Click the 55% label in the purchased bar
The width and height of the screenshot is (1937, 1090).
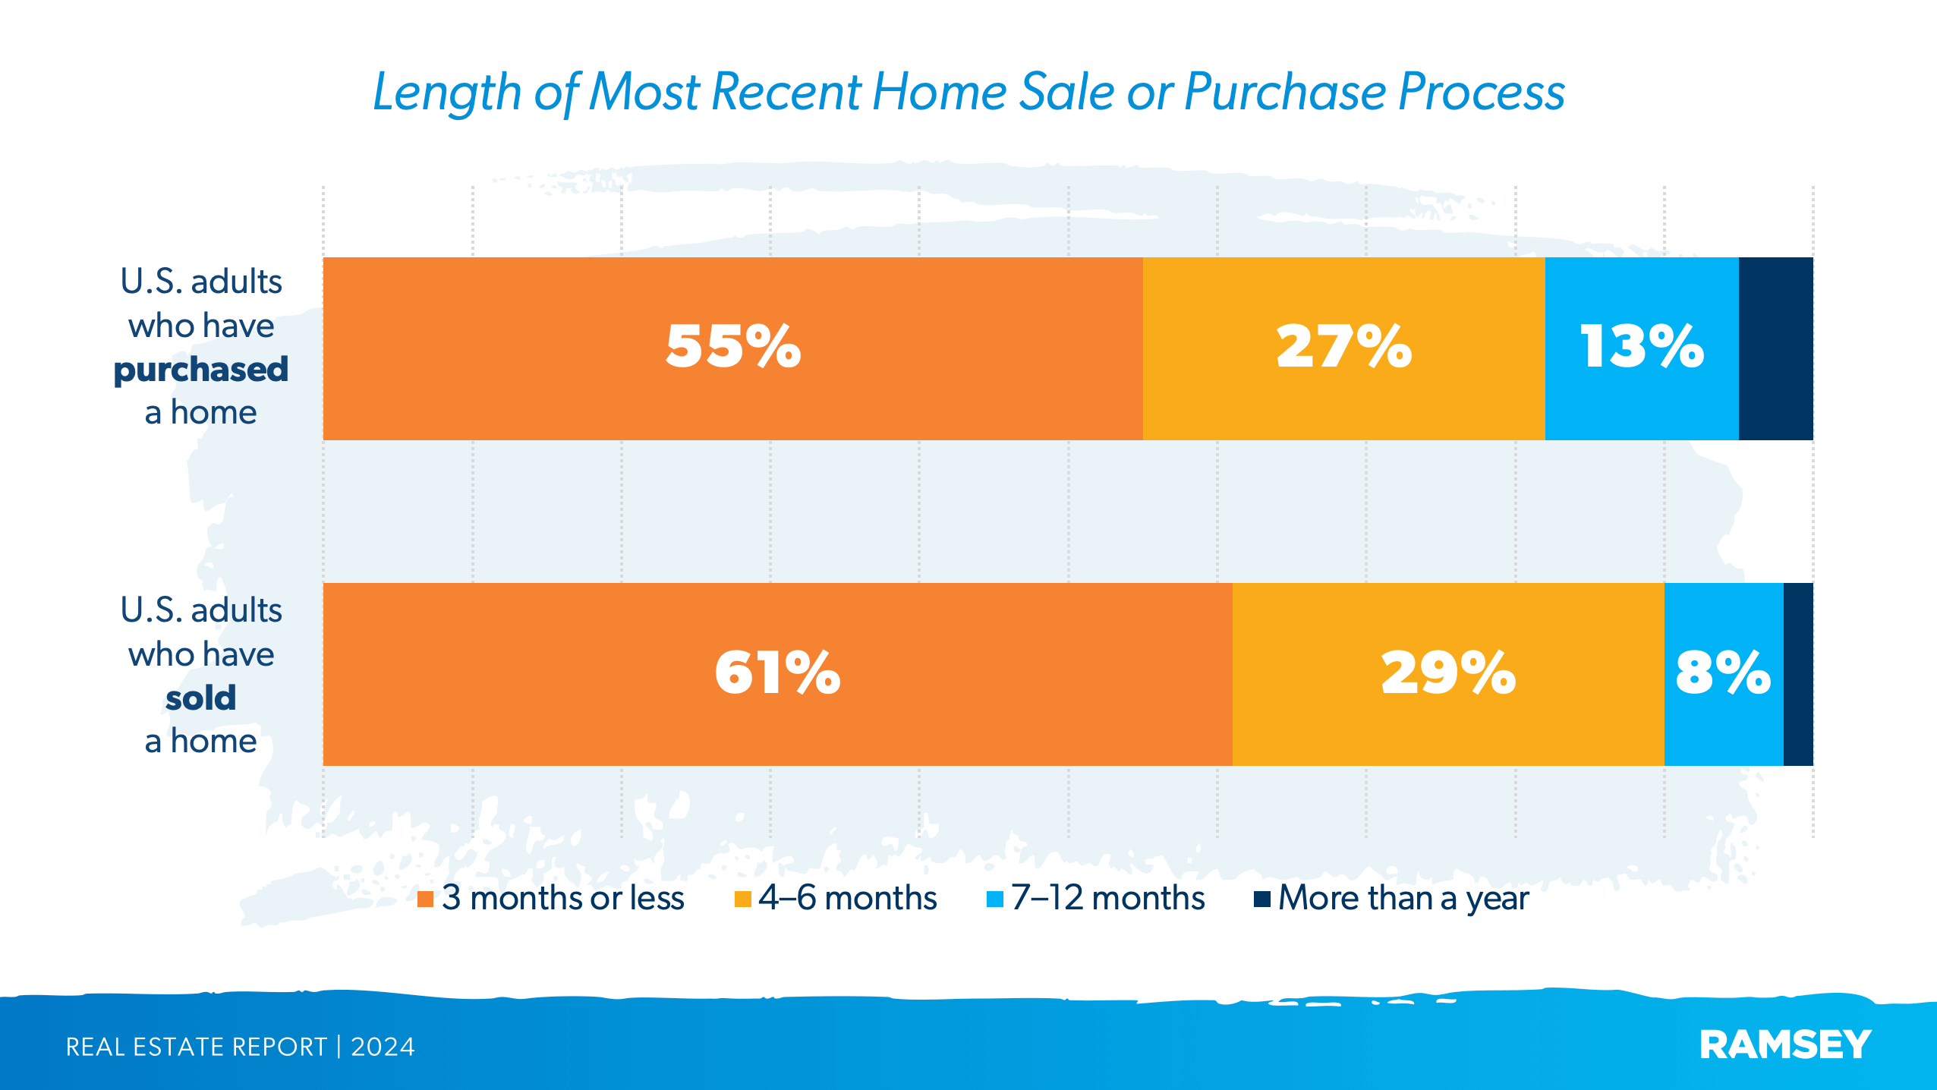(x=733, y=347)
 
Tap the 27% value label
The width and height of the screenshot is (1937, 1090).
(x=1343, y=347)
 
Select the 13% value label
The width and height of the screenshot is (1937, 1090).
(x=1642, y=347)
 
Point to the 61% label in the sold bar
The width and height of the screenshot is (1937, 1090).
(x=777, y=673)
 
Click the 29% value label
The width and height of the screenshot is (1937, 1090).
(x=1448, y=673)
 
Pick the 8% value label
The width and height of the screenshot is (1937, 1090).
(x=1723, y=673)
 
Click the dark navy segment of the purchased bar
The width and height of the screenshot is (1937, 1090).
(x=1775, y=348)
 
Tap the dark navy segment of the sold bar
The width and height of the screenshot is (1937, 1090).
(x=1798, y=674)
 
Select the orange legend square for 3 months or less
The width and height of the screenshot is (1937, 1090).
(x=425, y=899)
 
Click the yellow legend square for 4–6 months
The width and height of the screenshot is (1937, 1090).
(x=742, y=899)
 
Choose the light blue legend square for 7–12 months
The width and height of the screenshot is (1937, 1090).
(x=994, y=899)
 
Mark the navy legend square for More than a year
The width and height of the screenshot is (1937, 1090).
(x=1261, y=899)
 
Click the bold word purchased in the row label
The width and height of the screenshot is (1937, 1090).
(x=201, y=370)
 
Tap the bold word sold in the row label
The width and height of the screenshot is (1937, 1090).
(x=201, y=698)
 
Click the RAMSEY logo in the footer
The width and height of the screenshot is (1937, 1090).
(x=1785, y=1045)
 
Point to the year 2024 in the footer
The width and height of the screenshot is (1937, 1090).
(x=383, y=1047)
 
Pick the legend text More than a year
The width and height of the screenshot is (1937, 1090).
(x=1403, y=899)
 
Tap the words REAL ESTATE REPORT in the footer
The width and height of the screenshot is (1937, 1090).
(x=196, y=1047)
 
